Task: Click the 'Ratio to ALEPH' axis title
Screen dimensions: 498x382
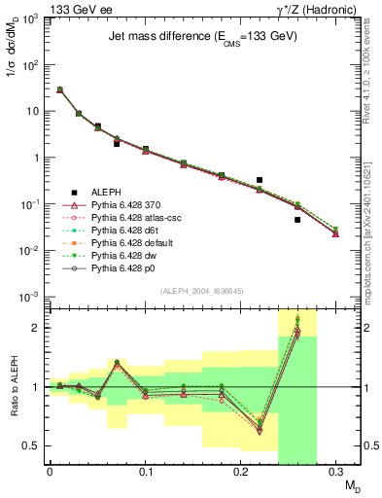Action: [14, 386]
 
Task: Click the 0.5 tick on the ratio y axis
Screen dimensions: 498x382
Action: [34, 445]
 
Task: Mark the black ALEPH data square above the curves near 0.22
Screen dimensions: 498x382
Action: [260, 180]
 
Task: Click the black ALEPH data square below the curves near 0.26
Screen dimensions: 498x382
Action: [297, 220]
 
